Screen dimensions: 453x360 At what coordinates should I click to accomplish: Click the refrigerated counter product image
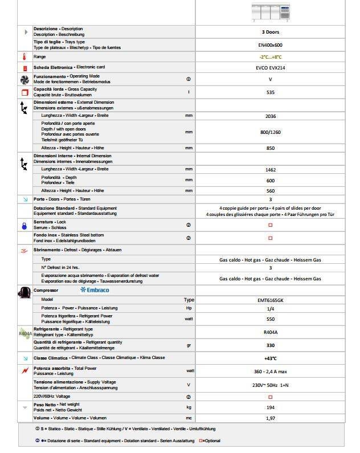[270, 11]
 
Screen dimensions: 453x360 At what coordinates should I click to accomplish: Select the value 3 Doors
[270, 32]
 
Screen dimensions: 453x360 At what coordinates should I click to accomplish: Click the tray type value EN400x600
[270, 44]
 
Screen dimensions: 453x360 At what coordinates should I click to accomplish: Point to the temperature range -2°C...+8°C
[270, 57]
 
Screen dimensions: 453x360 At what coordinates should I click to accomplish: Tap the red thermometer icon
[24, 57]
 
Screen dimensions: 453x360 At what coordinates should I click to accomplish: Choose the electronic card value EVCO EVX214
[270, 68]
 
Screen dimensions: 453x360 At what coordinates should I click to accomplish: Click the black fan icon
[24, 79]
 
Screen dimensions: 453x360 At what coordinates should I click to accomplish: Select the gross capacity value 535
[270, 92]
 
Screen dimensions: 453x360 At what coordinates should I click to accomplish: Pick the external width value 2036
[270, 116]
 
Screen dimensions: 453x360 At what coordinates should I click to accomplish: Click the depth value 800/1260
[270, 132]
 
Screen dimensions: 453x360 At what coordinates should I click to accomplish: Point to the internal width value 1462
[270, 170]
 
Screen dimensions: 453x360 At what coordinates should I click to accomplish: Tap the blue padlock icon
[24, 225]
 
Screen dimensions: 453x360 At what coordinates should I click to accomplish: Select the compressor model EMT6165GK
[270, 300]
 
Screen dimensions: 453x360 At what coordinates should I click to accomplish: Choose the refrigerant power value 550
[270, 319]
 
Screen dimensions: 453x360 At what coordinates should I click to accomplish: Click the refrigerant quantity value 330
[270, 345]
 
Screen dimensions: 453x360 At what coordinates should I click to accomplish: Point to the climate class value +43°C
[270, 358]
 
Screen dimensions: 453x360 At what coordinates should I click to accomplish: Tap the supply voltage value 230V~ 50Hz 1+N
[270, 385]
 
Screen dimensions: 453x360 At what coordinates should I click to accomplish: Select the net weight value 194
[270, 407]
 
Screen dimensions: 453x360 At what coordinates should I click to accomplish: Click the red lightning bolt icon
[24, 371]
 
